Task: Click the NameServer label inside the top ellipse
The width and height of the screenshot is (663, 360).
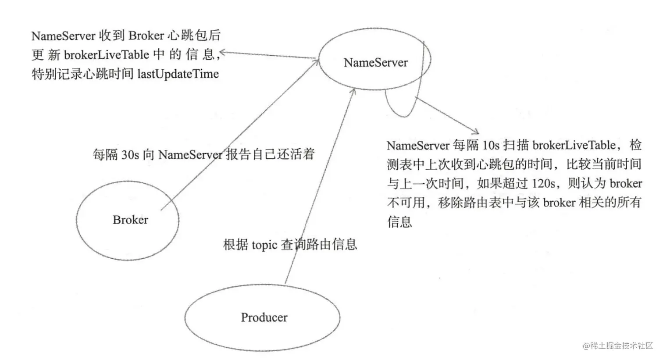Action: [x=375, y=63]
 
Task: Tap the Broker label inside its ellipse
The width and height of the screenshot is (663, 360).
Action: [x=130, y=220]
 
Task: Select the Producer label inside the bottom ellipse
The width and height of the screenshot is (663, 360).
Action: [x=264, y=317]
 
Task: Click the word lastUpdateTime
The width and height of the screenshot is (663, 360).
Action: [x=178, y=74]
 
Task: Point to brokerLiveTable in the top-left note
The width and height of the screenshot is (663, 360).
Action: [x=107, y=55]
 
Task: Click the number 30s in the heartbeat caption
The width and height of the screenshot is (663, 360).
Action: [x=130, y=155]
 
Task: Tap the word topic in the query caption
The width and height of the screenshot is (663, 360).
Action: [x=264, y=245]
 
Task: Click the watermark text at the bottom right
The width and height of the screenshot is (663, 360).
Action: [x=618, y=346]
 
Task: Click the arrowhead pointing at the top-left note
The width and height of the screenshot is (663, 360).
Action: [x=222, y=53]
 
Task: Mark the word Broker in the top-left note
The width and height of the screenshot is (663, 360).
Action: [x=146, y=36]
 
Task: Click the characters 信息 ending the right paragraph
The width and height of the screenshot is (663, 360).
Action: [x=399, y=221]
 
